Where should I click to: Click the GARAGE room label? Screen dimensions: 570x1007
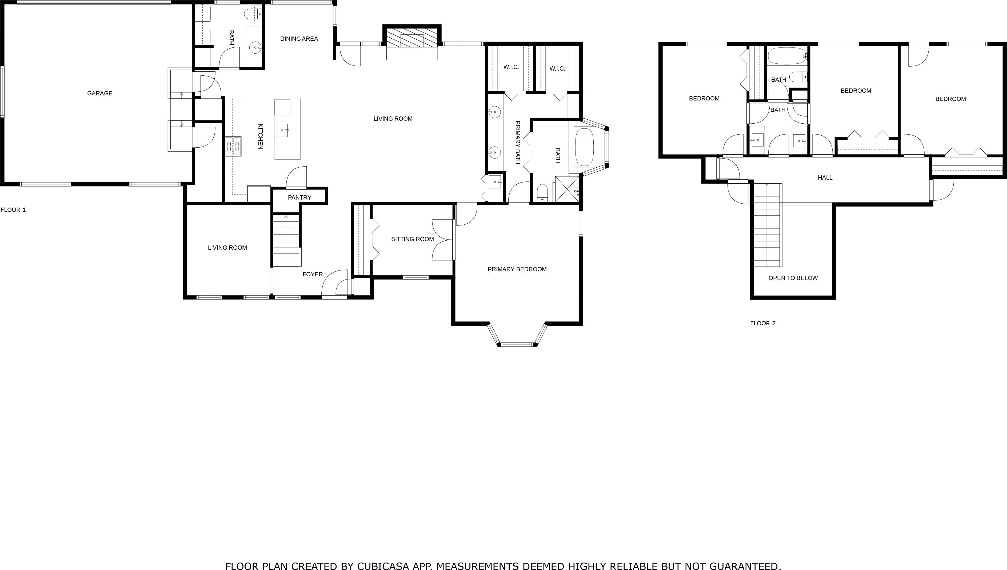99,93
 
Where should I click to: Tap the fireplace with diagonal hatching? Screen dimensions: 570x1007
412,37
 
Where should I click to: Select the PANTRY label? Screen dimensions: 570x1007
299,197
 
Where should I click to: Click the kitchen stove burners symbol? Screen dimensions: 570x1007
233,146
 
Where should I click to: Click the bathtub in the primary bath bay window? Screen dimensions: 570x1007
584,147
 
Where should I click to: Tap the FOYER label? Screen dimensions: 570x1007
313,274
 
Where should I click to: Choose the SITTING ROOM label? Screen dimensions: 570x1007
413,239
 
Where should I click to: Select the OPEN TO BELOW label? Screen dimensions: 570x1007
793,278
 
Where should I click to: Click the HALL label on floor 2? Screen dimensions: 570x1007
825,177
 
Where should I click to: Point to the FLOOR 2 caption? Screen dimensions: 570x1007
762,323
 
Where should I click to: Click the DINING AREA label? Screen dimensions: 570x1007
299,38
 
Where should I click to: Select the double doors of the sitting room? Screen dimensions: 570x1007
443,240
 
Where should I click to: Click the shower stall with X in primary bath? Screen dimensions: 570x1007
567,189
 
